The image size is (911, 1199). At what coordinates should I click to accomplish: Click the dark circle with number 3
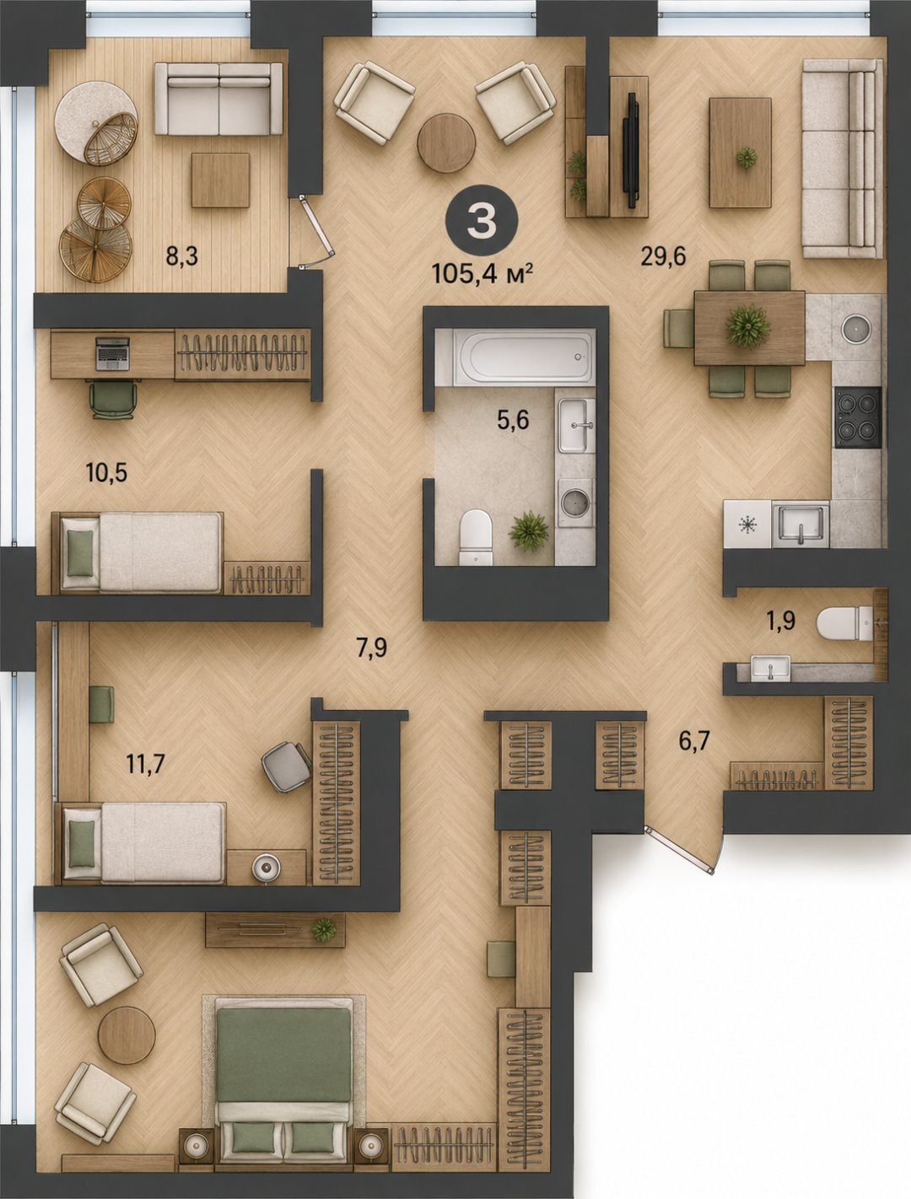482,222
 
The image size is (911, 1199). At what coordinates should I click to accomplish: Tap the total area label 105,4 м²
482,273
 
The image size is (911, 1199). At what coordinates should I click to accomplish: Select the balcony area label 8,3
181,255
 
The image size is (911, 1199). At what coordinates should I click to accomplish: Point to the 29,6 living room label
663,255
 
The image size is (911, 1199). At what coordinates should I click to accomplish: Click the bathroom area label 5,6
513,420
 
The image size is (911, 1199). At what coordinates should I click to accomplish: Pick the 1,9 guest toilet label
781,621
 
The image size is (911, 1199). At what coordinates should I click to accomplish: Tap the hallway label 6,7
694,741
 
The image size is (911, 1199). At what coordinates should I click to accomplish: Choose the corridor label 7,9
372,648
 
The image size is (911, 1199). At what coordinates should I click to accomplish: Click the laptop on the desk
112,353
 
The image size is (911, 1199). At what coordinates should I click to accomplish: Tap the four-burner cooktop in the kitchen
858,417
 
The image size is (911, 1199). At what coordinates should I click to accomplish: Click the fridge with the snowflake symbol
747,524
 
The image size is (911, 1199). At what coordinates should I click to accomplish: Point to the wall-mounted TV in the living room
633,150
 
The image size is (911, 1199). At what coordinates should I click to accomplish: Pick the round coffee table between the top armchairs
446,142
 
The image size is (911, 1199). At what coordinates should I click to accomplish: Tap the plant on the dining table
748,326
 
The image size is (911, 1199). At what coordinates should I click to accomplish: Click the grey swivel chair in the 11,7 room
287,766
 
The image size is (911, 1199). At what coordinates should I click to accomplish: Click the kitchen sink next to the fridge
800,524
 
